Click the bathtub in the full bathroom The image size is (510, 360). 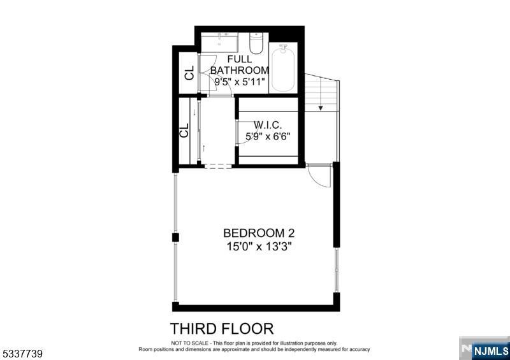point(283,69)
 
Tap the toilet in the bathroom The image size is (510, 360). point(256,43)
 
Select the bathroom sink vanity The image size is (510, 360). point(219,42)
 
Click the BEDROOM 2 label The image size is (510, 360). point(259,233)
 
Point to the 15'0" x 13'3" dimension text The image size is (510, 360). point(259,247)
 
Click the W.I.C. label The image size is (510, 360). point(268,124)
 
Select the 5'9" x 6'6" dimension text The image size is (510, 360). point(268,136)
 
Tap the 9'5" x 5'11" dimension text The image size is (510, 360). point(240,82)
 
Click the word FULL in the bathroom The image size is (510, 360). point(240,59)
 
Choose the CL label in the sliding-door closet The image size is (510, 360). point(184,130)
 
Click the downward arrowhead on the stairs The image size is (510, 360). point(321,108)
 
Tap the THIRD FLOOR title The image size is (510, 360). point(222,329)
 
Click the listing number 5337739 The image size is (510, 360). point(22,354)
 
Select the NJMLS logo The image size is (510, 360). point(484,349)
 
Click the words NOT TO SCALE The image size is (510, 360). point(189,343)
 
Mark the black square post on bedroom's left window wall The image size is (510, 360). point(175,238)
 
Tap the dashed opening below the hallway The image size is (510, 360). point(218,166)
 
